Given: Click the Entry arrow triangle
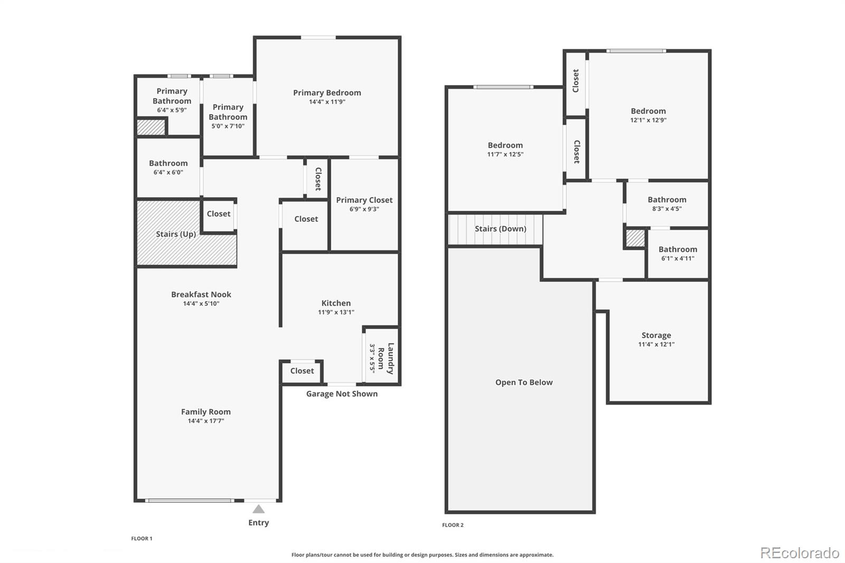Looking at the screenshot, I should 258,509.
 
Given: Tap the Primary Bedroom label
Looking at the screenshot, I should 327,93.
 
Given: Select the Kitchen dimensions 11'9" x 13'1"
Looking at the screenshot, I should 336,312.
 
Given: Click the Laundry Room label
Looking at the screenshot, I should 386,359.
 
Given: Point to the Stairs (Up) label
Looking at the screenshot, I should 176,234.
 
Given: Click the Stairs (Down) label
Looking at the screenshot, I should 500,229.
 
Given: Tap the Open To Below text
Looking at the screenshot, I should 524,382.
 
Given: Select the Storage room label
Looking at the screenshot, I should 656,335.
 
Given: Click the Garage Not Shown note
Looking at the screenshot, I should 342,393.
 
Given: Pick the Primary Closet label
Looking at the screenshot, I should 364,200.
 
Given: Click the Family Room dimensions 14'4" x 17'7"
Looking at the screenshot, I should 205,421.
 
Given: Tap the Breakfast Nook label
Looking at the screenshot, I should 201,295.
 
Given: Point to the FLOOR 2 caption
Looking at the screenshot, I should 453,525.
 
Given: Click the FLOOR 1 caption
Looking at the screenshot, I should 142,539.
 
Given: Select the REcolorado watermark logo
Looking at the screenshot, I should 799,553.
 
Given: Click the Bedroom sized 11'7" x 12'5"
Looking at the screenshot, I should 505,146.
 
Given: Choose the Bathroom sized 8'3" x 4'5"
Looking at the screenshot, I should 666,200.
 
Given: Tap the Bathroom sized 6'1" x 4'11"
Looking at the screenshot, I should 678,249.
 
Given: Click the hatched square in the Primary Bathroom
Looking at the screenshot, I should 151,127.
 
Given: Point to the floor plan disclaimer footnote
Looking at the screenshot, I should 422,555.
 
